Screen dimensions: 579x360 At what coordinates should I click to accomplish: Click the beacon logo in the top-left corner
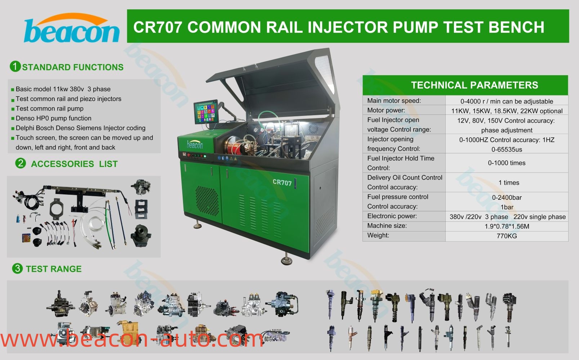tap(72, 28)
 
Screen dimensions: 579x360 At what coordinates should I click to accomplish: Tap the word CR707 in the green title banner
tap(158, 27)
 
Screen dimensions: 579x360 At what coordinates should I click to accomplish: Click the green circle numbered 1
tap(15, 67)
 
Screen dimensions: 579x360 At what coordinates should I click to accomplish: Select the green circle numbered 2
tap(21, 163)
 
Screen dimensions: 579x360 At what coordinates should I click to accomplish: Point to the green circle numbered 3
tap(17, 269)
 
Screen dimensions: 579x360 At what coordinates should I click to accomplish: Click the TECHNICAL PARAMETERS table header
tap(475, 85)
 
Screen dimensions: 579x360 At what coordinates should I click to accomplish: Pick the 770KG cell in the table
tap(507, 236)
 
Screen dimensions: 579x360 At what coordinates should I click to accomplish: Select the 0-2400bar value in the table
tap(507, 198)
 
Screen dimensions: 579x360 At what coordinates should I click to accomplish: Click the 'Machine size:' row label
tap(387, 226)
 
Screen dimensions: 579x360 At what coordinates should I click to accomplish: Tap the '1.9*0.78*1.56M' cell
tap(507, 226)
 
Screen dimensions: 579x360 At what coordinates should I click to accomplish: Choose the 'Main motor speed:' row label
tap(394, 101)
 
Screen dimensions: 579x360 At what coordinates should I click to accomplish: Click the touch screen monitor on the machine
tap(206, 112)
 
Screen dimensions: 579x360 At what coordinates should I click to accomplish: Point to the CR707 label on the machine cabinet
tap(282, 182)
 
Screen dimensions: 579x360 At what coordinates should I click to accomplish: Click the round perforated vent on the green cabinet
tap(207, 201)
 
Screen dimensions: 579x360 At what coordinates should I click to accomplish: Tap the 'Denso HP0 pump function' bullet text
tap(54, 118)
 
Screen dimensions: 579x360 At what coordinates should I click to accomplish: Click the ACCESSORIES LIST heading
tap(75, 164)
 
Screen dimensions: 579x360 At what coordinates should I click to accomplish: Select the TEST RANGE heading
tap(54, 269)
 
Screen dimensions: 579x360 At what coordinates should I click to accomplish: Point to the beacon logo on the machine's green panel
tap(195, 144)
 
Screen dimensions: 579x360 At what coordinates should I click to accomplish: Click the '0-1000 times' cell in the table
tap(507, 163)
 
